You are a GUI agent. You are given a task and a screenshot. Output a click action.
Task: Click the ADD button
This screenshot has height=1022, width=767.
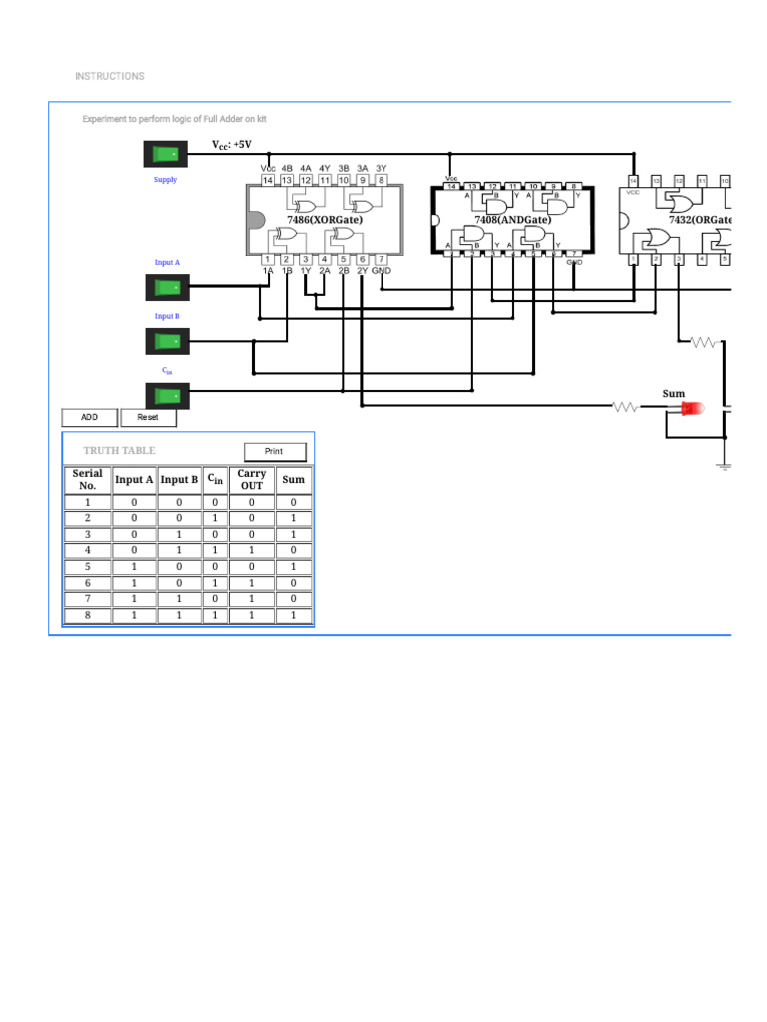pyautogui.click(x=89, y=417)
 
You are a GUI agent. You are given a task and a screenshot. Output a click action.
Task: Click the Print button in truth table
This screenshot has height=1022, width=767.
pyautogui.click(x=274, y=451)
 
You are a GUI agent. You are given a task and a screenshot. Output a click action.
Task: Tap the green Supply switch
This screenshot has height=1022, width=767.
pyautogui.click(x=166, y=154)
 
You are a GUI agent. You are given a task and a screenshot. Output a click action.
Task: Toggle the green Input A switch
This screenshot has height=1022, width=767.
pyautogui.click(x=166, y=289)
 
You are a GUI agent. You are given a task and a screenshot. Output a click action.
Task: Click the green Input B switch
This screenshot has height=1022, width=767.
pyautogui.click(x=166, y=342)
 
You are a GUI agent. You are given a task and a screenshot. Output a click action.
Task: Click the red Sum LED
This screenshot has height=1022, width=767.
pyautogui.click(x=691, y=408)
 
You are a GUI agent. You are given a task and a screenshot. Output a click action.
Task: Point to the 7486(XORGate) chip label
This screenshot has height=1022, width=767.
pyautogui.click(x=324, y=218)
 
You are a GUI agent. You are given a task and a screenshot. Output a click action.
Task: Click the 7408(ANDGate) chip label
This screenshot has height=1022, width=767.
pyautogui.click(x=511, y=218)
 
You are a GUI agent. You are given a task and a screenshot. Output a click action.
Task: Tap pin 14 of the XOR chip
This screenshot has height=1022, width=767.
pyautogui.click(x=268, y=180)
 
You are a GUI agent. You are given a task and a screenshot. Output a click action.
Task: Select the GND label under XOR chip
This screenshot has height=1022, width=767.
pyautogui.click(x=382, y=270)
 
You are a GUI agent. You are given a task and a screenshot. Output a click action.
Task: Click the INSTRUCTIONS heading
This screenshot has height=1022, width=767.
pyautogui.click(x=109, y=76)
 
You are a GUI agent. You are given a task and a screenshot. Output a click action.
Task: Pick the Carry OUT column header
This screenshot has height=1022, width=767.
pyautogui.click(x=251, y=479)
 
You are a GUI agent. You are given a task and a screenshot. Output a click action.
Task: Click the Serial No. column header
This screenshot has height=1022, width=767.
pyautogui.click(x=87, y=479)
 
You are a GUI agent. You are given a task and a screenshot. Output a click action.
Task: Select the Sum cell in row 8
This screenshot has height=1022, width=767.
pyautogui.click(x=293, y=616)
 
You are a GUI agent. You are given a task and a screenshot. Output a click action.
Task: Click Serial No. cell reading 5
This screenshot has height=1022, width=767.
pyautogui.click(x=87, y=567)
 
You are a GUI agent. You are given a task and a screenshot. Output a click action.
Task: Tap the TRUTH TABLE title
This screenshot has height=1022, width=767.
pyautogui.click(x=119, y=451)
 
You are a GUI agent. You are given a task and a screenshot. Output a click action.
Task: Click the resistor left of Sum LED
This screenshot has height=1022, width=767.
pyautogui.click(x=626, y=406)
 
